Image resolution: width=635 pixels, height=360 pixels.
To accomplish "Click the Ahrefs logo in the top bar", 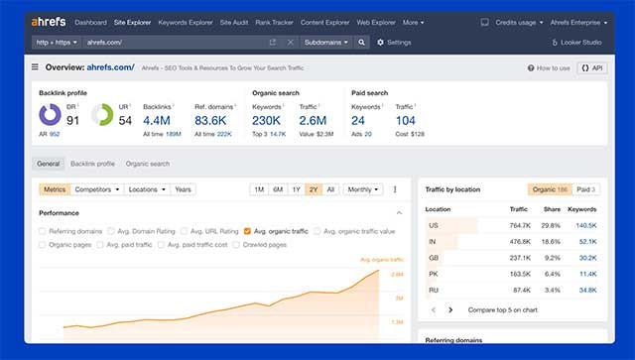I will (x=49, y=22).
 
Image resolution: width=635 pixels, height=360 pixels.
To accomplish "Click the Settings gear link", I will (x=393, y=43).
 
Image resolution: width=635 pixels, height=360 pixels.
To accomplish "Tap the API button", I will (x=590, y=67).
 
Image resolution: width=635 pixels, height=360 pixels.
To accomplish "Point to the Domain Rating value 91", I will (x=72, y=120).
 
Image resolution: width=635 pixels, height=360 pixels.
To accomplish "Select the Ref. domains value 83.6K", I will (x=210, y=120).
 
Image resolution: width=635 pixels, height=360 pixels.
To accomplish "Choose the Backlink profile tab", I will (x=92, y=164).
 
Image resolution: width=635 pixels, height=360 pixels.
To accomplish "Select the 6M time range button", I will (x=278, y=188).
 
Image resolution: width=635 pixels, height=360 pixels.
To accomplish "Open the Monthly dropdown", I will (x=363, y=188).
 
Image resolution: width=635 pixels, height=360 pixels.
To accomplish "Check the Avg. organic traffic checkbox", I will (x=247, y=230).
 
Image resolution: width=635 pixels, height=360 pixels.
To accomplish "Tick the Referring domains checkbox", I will (x=44, y=230).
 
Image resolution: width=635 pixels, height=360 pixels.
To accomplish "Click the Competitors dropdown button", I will (x=96, y=188).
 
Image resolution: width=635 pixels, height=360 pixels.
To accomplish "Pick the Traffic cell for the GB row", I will (x=519, y=258).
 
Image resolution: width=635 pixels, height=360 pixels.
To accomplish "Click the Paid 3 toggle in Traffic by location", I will (x=586, y=188).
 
